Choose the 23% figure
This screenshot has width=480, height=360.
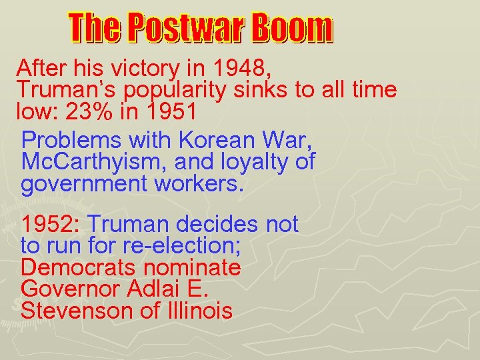coord(83,111)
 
